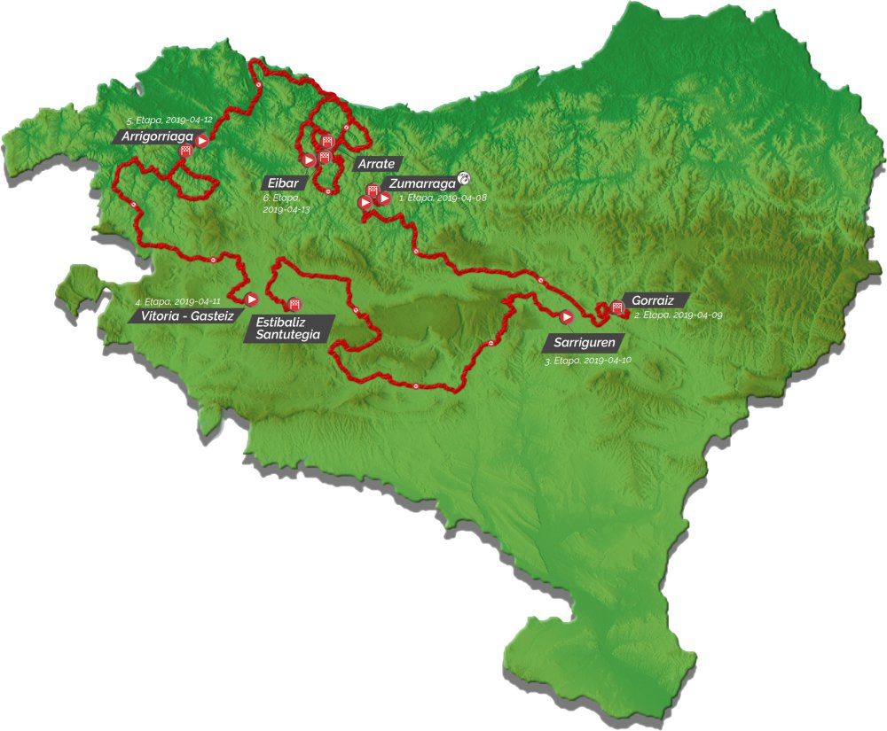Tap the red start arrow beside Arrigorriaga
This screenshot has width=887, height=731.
pos(203,140)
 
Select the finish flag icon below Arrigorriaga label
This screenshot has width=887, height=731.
pos(185,151)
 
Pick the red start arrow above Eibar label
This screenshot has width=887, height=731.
pos(309,159)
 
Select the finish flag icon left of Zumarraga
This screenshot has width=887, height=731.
pos(372,190)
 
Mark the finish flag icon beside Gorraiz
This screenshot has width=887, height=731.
pos(616,307)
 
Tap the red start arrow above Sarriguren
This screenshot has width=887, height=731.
pos(566,315)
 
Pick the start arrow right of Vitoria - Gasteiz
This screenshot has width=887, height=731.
pos(251,299)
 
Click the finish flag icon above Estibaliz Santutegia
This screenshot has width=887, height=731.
pos(294,303)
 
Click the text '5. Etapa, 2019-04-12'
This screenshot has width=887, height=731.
pos(169,121)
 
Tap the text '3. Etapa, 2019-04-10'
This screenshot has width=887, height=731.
pos(586,360)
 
